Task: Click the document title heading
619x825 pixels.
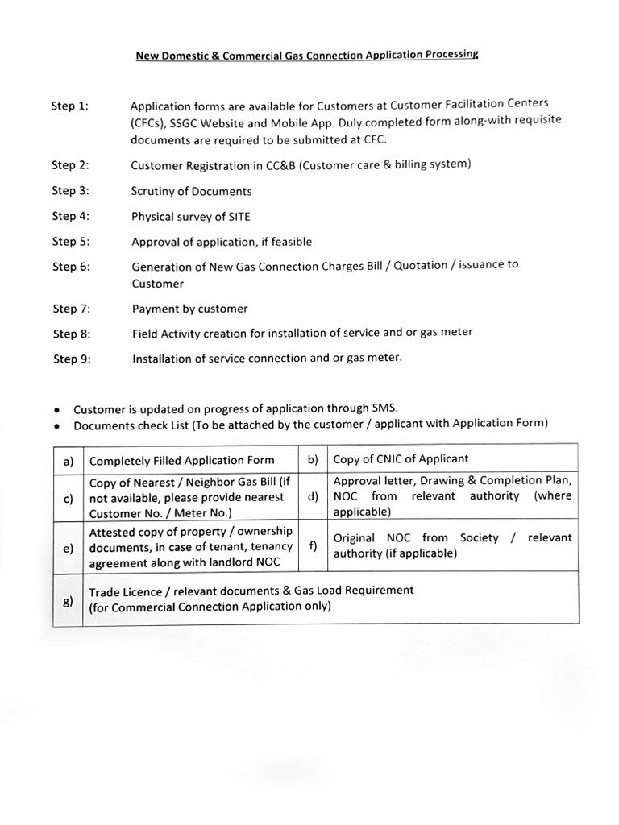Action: tap(306, 55)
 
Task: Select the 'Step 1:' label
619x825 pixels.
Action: tap(70, 106)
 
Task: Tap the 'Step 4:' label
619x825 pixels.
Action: tap(70, 216)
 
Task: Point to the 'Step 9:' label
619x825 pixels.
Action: tap(72, 359)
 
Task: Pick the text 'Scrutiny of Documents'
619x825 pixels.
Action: tap(191, 191)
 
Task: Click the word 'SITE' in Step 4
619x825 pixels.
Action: tap(239, 216)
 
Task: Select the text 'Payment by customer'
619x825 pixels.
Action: tap(190, 309)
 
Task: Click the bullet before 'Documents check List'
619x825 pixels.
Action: tap(58, 426)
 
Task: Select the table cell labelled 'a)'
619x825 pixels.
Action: tap(69, 461)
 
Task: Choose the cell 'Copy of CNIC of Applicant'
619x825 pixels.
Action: tap(401, 459)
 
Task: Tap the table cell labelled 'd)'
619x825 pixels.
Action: tap(312, 496)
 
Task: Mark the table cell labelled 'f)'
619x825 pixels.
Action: tap(312, 545)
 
